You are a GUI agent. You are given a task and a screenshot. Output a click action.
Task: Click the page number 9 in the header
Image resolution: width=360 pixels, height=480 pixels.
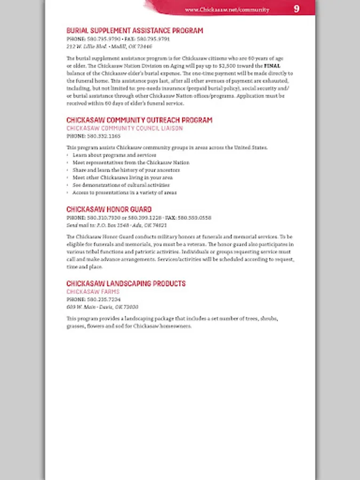coord(297,9)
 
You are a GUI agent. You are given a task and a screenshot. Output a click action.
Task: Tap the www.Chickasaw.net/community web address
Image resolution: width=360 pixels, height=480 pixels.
coord(227,10)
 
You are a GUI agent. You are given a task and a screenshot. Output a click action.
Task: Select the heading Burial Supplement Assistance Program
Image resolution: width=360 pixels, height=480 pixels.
coord(134,31)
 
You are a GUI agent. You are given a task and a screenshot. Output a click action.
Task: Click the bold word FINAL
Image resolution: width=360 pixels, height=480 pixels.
coord(272,66)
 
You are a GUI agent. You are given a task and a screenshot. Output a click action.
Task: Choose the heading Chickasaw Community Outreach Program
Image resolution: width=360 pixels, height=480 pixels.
coord(139,121)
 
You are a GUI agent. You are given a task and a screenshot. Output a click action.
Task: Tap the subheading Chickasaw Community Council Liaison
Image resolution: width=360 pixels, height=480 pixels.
coord(124,129)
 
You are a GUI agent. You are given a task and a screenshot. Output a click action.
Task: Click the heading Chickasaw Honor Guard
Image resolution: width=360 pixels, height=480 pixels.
coord(109,210)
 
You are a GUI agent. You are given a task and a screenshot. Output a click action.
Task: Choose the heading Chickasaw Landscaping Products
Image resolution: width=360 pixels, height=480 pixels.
coord(126,284)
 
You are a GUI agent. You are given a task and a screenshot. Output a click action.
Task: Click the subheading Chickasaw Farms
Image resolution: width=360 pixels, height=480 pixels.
coord(93,292)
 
